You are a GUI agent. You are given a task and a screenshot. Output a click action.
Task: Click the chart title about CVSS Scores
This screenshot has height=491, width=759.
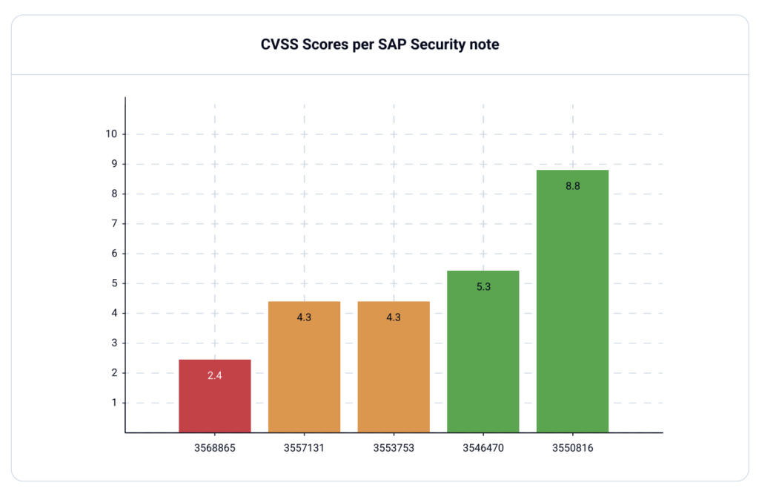point(379,45)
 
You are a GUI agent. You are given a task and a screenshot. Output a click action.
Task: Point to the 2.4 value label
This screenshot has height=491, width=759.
point(215,376)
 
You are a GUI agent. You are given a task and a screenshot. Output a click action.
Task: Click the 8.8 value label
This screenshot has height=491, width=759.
point(572,186)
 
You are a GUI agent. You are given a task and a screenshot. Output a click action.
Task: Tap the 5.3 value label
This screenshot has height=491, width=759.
point(483,286)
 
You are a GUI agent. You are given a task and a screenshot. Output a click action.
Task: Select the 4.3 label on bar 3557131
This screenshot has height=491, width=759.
point(304,317)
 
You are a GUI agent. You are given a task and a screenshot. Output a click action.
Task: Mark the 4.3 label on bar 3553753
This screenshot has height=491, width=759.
point(394,317)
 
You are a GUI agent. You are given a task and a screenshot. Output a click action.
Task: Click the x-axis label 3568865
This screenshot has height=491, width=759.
point(215,448)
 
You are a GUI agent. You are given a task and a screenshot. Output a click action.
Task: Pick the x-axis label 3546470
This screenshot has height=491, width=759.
point(483,448)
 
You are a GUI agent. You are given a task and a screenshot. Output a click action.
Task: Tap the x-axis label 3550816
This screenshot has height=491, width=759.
point(572,448)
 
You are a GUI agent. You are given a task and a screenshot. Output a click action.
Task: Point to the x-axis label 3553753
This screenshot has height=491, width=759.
point(394,448)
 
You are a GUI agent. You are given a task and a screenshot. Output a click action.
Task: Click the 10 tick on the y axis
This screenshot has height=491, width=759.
point(111,134)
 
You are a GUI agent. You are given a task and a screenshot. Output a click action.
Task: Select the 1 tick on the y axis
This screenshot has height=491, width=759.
point(114,403)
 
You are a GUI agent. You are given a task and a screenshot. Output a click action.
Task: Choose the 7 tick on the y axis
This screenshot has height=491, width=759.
point(114,223)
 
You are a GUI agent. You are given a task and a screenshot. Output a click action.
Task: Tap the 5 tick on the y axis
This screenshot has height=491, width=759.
point(114,283)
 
